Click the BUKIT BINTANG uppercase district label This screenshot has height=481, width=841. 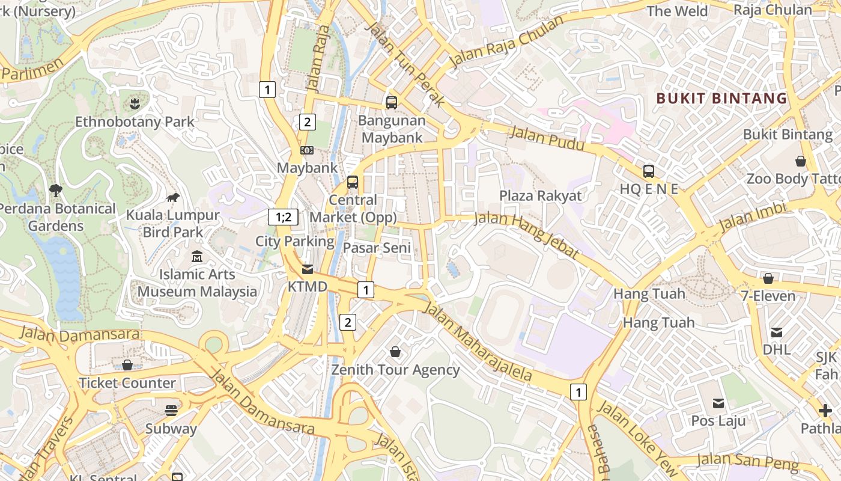(721, 99)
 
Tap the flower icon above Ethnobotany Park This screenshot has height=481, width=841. (135, 103)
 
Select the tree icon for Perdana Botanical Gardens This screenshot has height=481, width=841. (56, 191)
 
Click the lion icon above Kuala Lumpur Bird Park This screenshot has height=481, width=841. (173, 197)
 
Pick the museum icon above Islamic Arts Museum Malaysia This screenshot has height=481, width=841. (196, 257)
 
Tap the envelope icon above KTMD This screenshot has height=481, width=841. (308, 269)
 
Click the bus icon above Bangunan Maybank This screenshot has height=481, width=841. (392, 103)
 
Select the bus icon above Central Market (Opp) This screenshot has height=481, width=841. (353, 182)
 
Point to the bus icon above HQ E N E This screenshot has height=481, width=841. (649, 171)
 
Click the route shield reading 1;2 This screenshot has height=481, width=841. (283, 217)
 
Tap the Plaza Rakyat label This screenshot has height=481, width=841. (541, 196)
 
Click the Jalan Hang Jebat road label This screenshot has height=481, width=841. (527, 234)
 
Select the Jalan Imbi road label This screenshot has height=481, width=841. (752, 217)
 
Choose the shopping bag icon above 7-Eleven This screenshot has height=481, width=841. (768, 278)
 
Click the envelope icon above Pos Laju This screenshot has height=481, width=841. (718, 403)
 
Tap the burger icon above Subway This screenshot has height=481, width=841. (171, 411)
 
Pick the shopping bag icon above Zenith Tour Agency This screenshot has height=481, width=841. (395, 352)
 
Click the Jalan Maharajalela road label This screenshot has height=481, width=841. (478, 342)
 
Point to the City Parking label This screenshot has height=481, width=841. (295, 242)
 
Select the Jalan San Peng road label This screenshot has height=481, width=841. (748, 462)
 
